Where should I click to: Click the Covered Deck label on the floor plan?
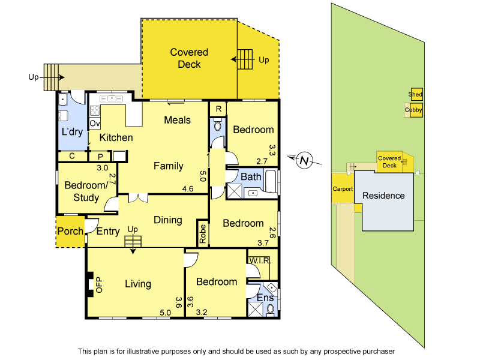click(189, 58)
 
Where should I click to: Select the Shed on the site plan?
click(415, 95)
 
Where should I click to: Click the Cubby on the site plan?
click(413, 110)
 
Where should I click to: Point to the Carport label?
click(343, 189)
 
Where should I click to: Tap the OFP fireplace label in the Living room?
click(100, 285)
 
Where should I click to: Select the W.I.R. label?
click(260, 261)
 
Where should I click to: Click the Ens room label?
click(265, 298)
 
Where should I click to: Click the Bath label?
click(251, 177)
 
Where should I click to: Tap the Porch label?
click(70, 232)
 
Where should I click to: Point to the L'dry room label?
click(72, 132)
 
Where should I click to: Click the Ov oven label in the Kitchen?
click(94, 124)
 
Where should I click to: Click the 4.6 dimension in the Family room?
click(187, 188)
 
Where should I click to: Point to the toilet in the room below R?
click(217, 128)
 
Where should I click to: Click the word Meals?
click(178, 120)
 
